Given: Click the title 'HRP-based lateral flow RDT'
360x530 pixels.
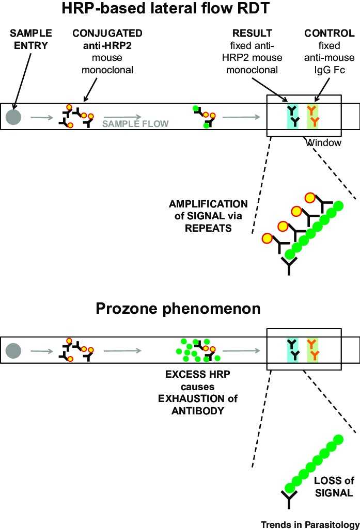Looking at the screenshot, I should (180, 9).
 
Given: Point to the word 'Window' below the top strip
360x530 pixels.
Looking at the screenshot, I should (324, 142).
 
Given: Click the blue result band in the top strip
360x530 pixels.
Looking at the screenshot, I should (292, 116).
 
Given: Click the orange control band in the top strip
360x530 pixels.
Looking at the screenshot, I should (313, 116).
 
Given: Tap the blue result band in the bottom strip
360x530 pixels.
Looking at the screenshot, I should (292, 349).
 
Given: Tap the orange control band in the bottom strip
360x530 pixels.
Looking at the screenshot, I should (313, 349).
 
